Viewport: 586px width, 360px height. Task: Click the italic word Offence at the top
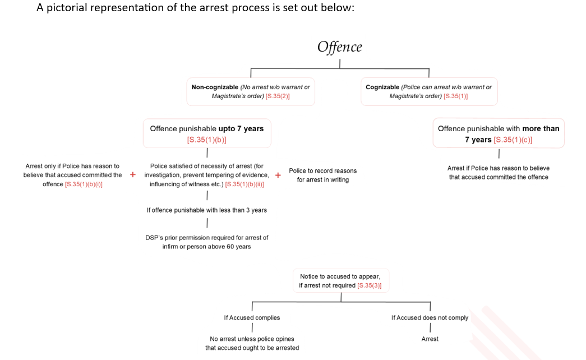click(x=339, y=47)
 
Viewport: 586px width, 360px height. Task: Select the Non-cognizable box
click(x=250, y=91)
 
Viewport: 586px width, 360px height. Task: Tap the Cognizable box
click(x=428, y=91)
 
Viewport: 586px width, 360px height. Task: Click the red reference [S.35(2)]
click(x=278, y=96)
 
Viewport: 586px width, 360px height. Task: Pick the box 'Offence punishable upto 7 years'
click(x=206, y=133)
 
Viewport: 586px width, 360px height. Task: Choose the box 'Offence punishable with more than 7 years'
click(x=498, y=133)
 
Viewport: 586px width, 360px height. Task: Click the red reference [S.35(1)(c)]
click(x=513, y=140)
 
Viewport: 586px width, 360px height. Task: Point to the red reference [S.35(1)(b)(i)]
click(x=84, y=184)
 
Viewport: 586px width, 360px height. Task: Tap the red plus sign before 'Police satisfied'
click(x=133, y=175)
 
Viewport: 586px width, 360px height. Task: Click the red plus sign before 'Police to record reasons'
click(x=278, y=175)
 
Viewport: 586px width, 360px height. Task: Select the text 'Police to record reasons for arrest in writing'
click(x=322, y=175)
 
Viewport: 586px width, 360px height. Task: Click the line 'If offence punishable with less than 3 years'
click(x=206, y=210)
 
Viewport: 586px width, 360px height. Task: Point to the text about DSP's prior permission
click(x=206, y=242)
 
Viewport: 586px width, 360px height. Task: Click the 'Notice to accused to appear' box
click(x=340, y=280)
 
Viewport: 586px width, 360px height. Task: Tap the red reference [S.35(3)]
click(x=369, y=285)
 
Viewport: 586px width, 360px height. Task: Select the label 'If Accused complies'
click(x=252, y=318)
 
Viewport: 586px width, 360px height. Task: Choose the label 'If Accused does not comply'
click(x=430, y=318)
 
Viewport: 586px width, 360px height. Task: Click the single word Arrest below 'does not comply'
click(x=430, y=339)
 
